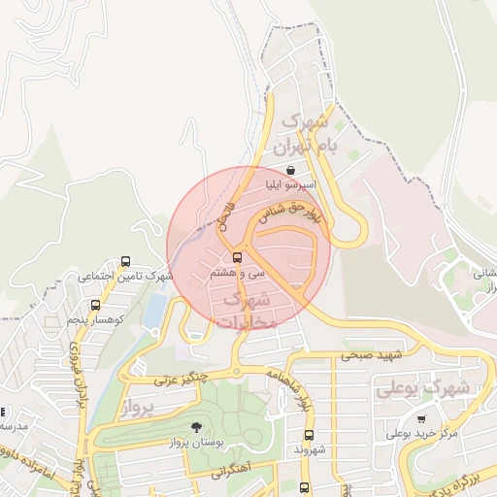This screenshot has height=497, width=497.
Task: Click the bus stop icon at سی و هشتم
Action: pyautogui.click(x=238, y=258)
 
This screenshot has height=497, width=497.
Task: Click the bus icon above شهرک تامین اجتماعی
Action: pyautogui.click(x=125, y=262)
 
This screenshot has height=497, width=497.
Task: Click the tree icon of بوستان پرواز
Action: pyautogui.click(x=196, y=428)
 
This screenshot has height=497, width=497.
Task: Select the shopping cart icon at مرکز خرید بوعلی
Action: pyautogui.click(x=421, y=419)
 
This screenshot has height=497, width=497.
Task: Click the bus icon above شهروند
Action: pyautogui.click(x=309, y=435)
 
